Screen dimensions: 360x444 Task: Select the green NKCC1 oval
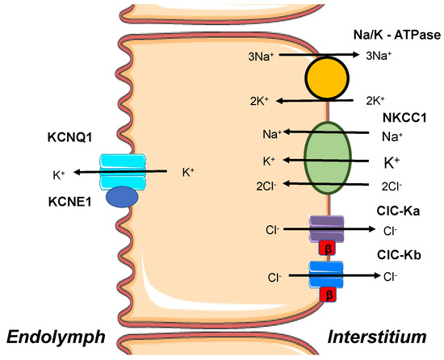pos(328,159)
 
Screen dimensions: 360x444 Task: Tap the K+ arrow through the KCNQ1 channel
pos(121,172)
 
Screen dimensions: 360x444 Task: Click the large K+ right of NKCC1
pos(391,161)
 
